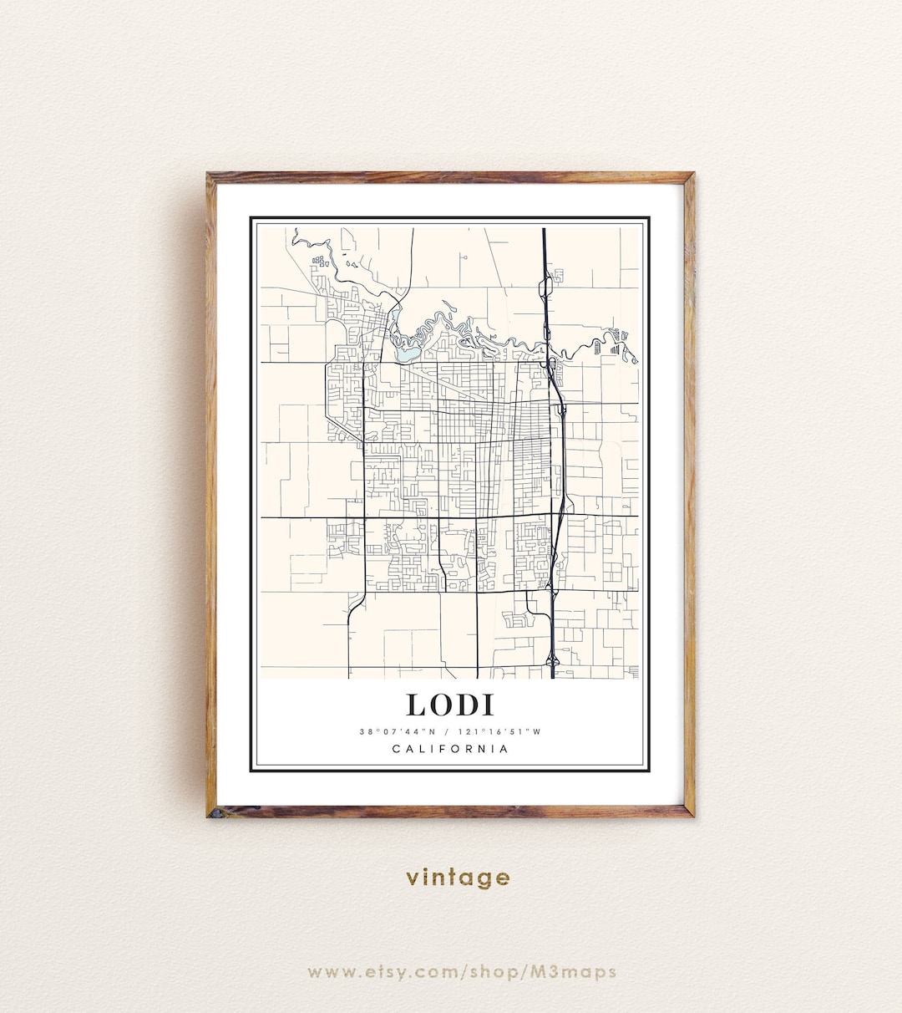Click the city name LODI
(450, 705)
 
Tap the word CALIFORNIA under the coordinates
(450, 749)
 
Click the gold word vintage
(458, 878)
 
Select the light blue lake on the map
(407, 354)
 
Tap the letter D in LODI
(466, 705)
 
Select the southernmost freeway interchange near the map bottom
(552, 660)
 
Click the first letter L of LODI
(416, 705)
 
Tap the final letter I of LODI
(487, 705)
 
